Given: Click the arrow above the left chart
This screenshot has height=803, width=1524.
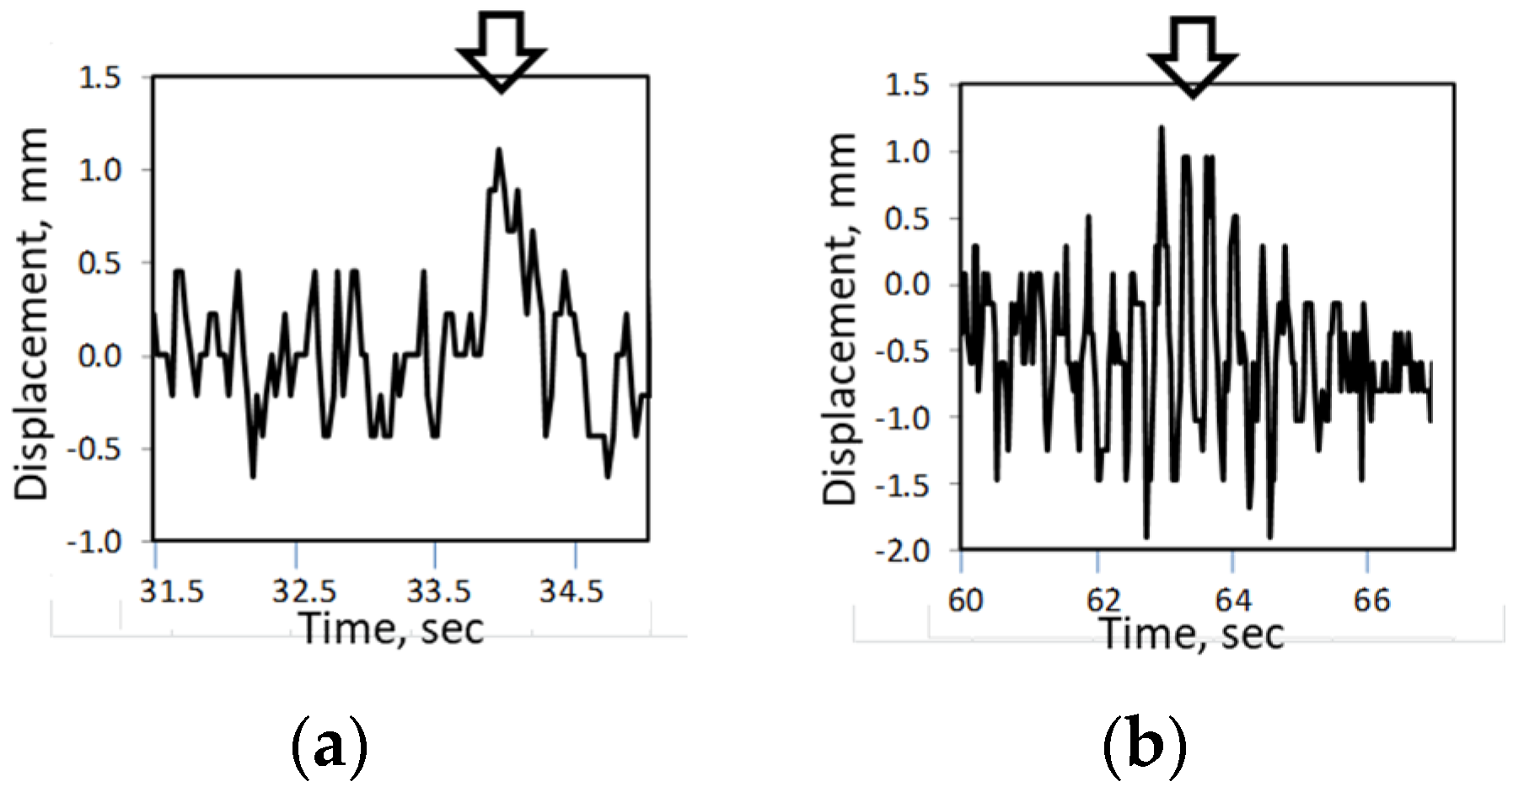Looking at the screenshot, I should [501, 51].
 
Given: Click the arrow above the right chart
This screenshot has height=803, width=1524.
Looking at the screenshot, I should [1192, 56].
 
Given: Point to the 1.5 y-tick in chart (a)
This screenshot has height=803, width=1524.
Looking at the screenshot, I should [99, 78].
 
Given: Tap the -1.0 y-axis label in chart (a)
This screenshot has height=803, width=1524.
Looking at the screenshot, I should [94, 543].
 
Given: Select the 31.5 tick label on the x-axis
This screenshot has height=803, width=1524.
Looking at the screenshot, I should [172, 592].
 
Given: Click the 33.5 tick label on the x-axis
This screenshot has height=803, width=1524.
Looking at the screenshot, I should [438, 592].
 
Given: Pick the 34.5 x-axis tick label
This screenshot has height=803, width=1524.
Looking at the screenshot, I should [571, 592].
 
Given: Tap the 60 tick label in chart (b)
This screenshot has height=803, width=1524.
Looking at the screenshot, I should [965, 601].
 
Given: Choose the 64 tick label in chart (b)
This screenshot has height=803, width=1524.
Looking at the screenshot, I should [1233, 601].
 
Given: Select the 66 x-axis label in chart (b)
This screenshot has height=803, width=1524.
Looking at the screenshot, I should [1371, 601].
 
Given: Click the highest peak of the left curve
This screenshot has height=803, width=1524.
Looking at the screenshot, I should [499, 151].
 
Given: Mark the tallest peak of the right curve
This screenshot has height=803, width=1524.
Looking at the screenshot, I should [1162, 129].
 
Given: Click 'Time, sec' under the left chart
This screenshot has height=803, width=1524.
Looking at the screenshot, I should [392, 629].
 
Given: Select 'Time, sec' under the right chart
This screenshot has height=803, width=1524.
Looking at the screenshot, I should [1192, 634].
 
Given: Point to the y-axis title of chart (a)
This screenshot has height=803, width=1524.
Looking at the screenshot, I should [32, 313].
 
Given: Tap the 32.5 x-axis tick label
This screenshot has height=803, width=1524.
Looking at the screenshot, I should [304, 592].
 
